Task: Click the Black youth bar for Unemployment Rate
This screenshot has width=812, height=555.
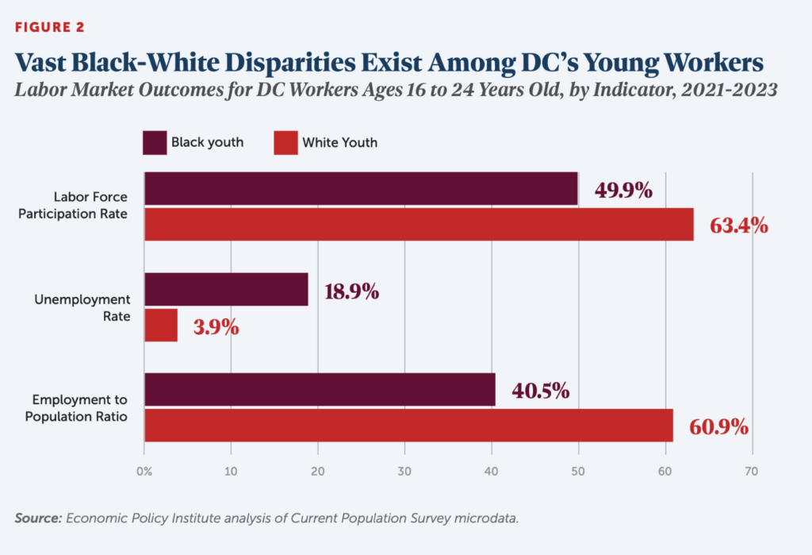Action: coord(226,289)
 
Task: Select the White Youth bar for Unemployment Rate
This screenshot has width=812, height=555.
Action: coord(161,326)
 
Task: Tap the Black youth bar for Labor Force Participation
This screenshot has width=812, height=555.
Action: coord(361,189)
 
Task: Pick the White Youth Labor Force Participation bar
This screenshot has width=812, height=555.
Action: coord(419,225)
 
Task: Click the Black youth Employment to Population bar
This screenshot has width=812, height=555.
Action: coord(320,390)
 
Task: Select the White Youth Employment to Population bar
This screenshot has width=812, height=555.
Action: coord(408,426)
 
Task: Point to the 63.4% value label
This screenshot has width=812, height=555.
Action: coord(738,225)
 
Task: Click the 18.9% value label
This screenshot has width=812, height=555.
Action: coord(351,291)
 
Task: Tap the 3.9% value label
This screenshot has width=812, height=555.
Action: coord(216,327)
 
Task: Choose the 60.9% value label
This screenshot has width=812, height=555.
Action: coord(719,427)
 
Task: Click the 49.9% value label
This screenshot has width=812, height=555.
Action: coord(623,191)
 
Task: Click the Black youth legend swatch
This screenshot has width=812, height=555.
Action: coord(154,143)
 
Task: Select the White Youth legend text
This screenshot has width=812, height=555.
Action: coord(339,143)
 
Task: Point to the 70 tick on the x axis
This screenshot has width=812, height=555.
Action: coord(752,471)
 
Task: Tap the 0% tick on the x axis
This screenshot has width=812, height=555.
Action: coord(144,471)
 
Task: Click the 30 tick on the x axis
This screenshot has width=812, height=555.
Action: coord(404,471)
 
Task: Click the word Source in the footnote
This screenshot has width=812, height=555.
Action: coord(36,518)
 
